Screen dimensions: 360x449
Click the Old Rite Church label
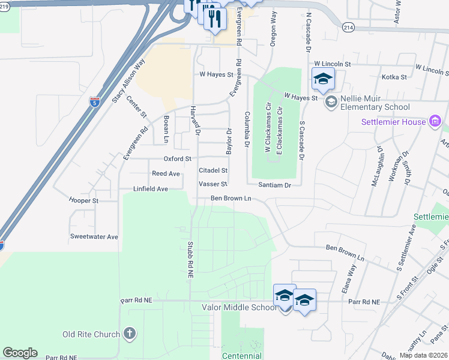(x=90, y=334)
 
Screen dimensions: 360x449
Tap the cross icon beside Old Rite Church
(x=129, y=334)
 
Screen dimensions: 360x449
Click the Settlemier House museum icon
(x=435, y=122)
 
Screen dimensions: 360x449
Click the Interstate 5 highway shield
(x=95, y=103)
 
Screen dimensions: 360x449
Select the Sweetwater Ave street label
(x=94, y=237)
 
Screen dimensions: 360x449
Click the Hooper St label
(x=83, y=200)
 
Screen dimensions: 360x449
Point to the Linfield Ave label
(x=151, y=189)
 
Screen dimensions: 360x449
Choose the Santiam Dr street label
(x=274, y=185)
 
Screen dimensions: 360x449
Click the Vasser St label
(x=212, y=184)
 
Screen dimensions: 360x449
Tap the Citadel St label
(x=213, y=171)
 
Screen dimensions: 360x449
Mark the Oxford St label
(x=177, y=159)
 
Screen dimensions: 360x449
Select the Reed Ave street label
(x=166, y=173)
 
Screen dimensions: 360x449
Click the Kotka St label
(x=394, y=77)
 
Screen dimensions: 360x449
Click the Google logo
(x=20, y=353)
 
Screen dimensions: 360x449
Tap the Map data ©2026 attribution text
(x=423, y=355)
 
